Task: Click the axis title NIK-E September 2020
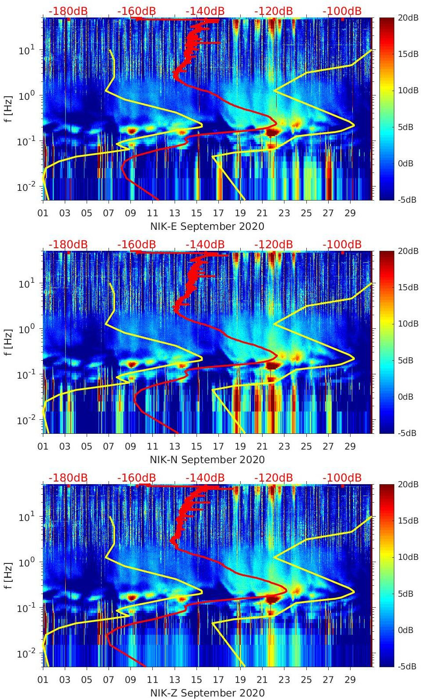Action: (207, 226)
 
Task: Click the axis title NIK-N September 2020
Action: (207, 460)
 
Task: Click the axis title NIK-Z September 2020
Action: (207, 693)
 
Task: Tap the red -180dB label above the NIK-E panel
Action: (68, 11)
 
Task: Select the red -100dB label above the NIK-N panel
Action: (342, 244)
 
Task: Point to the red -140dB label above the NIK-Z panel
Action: (205, 478)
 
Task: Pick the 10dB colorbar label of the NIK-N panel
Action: (407, 324)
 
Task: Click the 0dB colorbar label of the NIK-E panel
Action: (406, 163)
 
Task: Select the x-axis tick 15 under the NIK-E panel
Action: (196, 213)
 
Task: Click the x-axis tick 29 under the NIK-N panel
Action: (350, 447)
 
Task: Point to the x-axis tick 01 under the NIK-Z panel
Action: (43, 680)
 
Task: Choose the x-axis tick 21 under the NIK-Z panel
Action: (262, 680)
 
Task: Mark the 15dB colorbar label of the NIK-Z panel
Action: (407, 521)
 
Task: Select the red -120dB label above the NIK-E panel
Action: (274, 11)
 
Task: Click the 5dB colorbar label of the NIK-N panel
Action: (406, 360)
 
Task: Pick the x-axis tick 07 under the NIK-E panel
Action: (109, 213)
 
